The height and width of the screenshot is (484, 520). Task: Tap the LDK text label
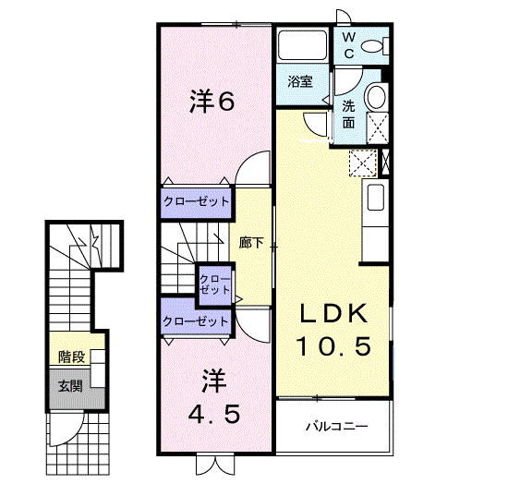333,313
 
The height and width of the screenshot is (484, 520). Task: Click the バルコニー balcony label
337,428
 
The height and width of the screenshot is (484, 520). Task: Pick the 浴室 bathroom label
300,82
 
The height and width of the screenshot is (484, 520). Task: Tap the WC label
349,44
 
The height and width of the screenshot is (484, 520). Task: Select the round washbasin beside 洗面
376,97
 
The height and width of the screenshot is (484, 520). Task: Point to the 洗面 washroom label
349,114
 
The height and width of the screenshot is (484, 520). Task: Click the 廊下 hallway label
252,244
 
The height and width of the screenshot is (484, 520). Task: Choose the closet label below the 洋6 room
196,200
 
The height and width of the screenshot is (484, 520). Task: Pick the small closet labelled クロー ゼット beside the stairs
215,283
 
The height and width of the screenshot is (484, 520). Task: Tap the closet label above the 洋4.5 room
196,321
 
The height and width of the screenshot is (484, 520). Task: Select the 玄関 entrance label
70,386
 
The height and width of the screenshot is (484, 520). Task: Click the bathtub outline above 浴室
301,45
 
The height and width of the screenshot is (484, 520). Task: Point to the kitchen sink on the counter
375,198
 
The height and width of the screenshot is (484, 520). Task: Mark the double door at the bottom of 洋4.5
210,464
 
